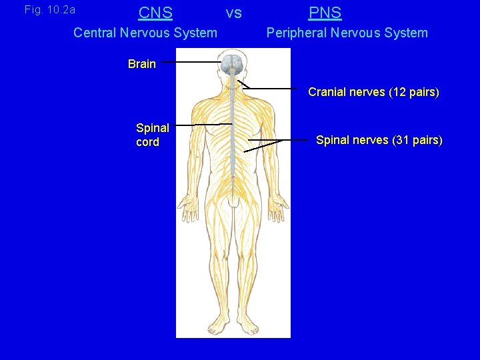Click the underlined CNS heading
(x=155, y=13)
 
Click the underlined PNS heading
(x=325, y=13)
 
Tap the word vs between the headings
(x=233, y=13)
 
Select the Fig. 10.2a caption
(x=50, y=10)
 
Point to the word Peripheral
(x=297, y=33)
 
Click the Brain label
(x=141, y=64)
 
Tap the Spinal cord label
(x=153, y=135)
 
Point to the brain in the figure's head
(x=232, y=64)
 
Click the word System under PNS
(x=402, y=33)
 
